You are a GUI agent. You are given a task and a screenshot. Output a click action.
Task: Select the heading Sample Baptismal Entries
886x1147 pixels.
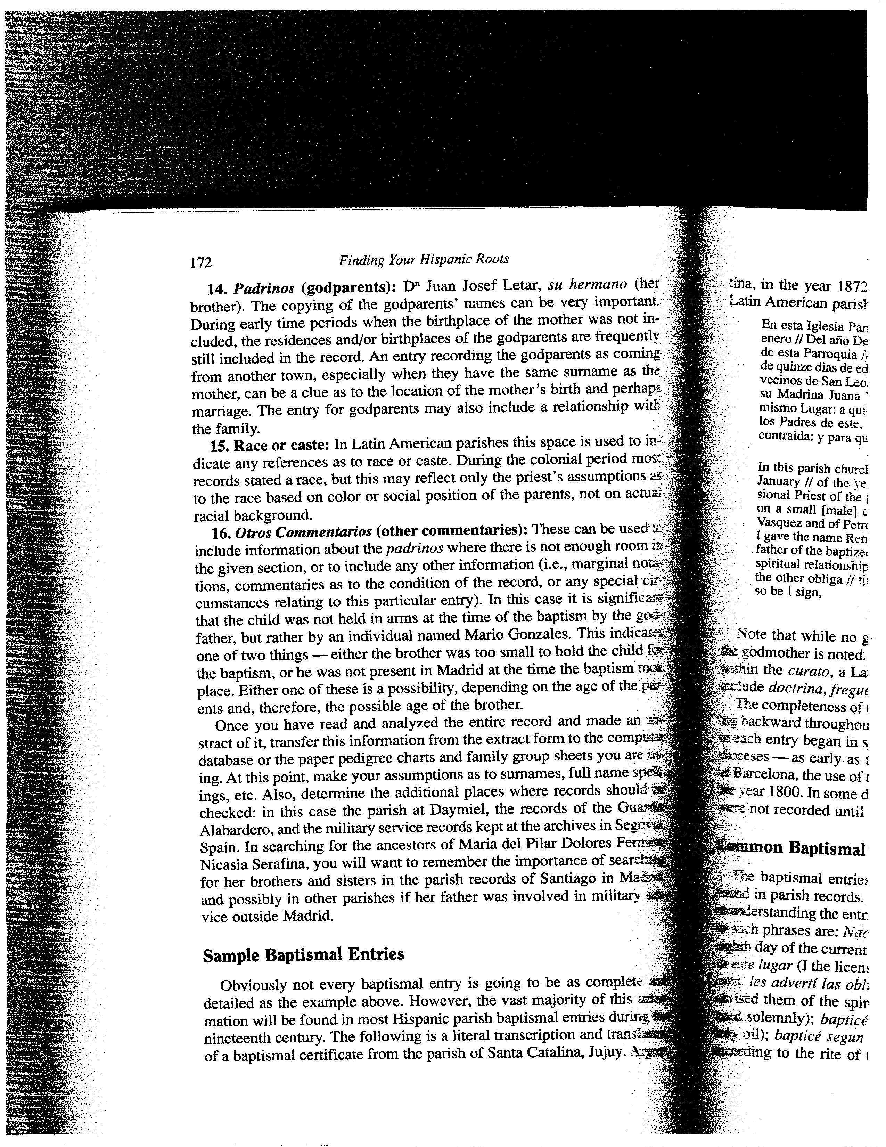coord(303,954)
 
